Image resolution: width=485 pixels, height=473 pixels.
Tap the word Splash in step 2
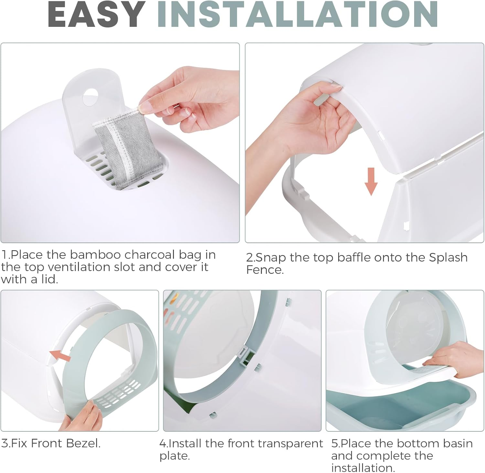(448, 258)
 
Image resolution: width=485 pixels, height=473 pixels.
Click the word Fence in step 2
(265, 270)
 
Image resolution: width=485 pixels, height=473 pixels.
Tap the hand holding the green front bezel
(81, 416)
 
